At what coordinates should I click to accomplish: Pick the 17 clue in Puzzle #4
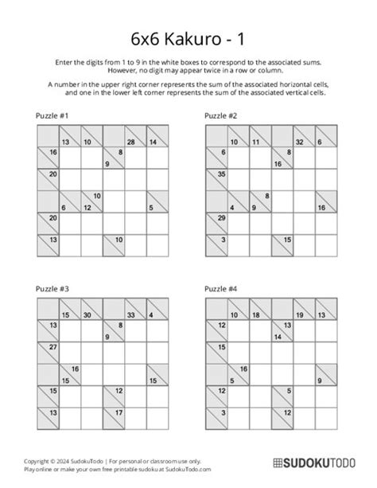(x=286, y=412)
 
